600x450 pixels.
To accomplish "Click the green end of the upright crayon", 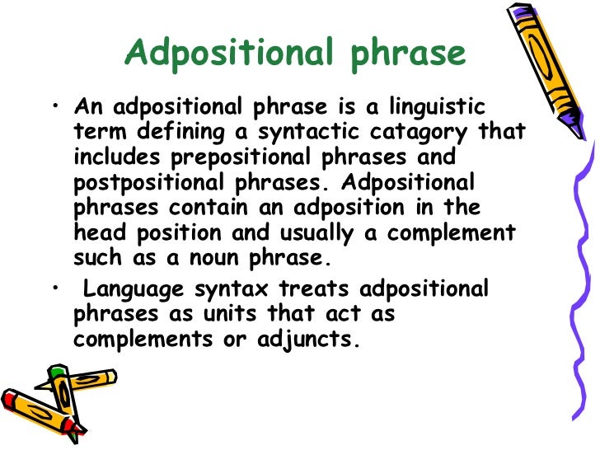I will point(56,373).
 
